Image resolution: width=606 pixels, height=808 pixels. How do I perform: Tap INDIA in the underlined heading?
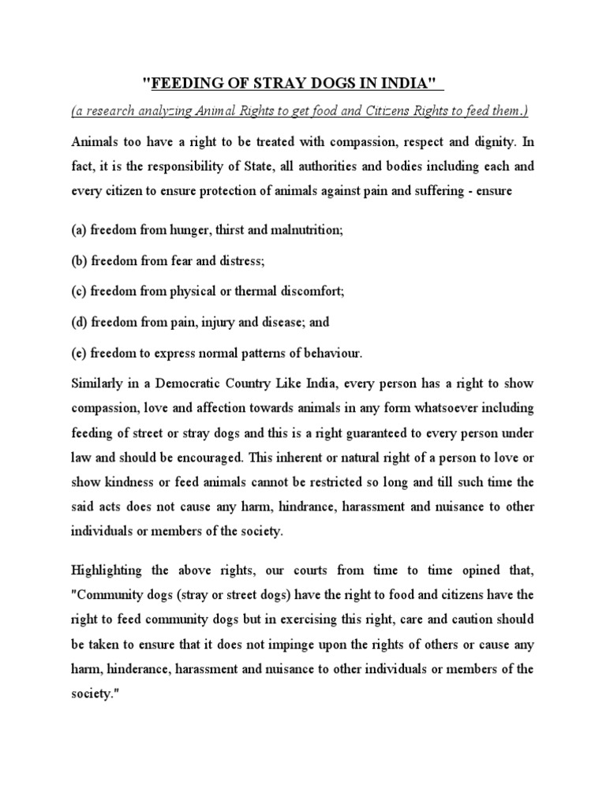(x=410, y=83)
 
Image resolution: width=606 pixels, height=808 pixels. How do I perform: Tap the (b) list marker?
(x=79, y=260)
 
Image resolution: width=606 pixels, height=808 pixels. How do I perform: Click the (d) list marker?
(x=79, y=322)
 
